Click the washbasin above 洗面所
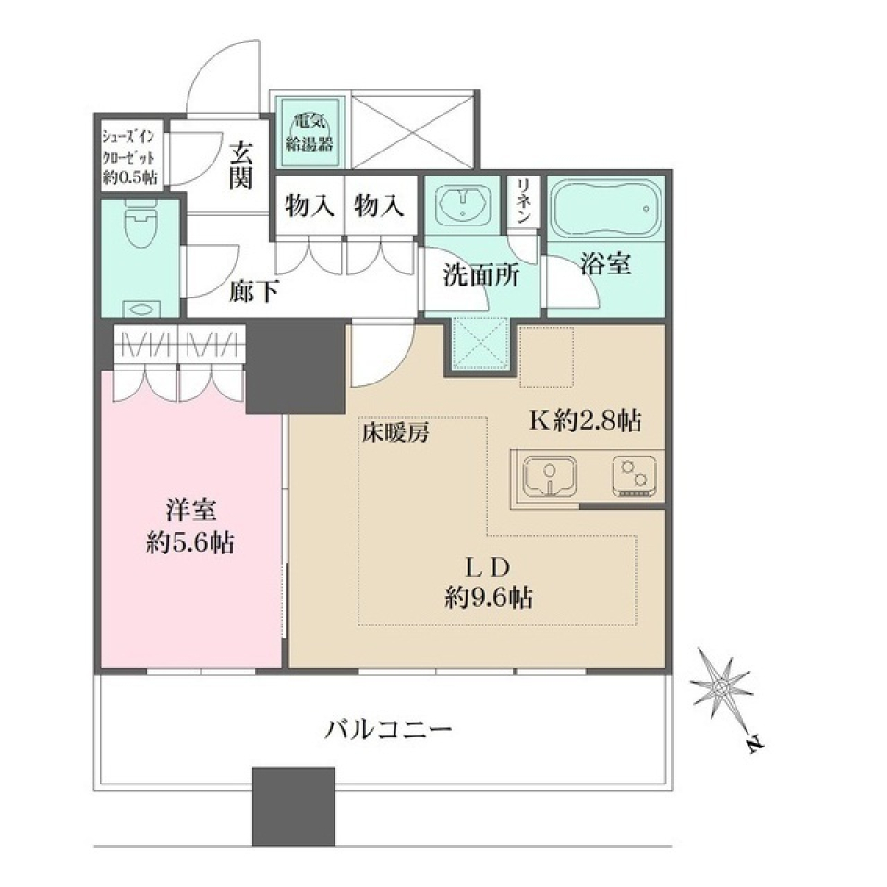point(463,207)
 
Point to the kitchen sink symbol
point(549,477)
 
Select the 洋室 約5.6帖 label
point(190,527)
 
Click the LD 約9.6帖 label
point(488,582)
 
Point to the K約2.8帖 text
point(584,421)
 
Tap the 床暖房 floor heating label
point(395,431)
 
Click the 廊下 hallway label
point(254,292)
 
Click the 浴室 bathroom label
point(606,266)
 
